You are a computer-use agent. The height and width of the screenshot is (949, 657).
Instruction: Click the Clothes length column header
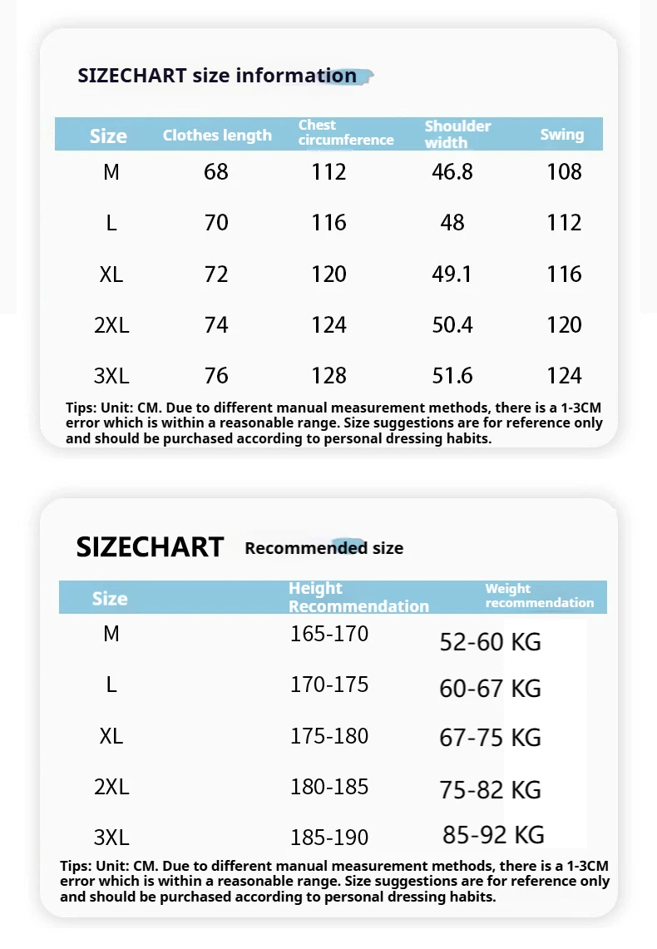[217, 136]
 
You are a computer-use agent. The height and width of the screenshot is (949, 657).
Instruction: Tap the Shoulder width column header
[457, 134]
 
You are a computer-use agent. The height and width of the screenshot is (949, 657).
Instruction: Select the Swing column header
[562, 135]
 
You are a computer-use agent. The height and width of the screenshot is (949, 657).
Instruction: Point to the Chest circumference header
[346, 133]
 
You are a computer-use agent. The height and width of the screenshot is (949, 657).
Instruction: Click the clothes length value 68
[216, 172]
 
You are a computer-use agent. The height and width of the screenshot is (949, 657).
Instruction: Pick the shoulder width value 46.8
[452, 172]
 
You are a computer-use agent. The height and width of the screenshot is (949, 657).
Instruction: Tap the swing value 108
[565, 172]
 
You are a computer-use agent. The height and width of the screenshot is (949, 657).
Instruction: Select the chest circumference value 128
[328, 376]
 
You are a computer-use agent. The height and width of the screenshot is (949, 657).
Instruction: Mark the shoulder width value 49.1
[452, 274]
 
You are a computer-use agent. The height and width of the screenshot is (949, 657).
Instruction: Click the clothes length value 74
[216, 325]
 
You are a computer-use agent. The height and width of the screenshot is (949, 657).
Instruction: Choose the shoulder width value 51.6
[452, 376]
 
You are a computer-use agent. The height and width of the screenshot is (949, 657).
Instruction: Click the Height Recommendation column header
[358, 597]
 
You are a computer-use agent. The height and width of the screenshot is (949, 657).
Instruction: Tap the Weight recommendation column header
[539, 596]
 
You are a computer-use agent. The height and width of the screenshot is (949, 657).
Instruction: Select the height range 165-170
[329, 635]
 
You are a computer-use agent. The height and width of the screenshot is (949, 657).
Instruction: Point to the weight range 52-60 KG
[490, 642]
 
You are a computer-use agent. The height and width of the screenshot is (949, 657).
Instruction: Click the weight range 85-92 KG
[493, 834]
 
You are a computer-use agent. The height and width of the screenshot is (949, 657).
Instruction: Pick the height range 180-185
[329, 787]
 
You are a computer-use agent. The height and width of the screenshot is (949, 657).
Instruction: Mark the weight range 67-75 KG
[490, 739]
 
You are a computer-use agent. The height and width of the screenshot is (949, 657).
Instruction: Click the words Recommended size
[324, 548]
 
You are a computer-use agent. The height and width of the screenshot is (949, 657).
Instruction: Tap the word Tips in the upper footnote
[80, 408]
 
